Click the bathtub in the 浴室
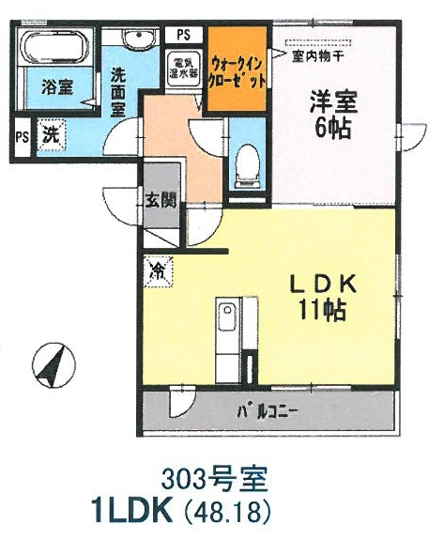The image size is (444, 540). point(54,47)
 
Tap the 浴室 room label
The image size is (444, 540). point(56,87)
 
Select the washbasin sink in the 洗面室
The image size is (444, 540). point(138,39)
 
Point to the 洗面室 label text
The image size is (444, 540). point(118,93)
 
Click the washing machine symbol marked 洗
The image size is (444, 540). point(51,134)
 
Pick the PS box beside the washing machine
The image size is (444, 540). point(22,137)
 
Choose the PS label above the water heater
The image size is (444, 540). point(184,35)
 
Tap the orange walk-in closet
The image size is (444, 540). point(237,69)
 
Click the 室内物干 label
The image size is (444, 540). point(317,55)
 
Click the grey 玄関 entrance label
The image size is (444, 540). point(161,200)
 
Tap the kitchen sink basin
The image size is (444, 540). point(227,317)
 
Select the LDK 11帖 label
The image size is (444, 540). point(322,297)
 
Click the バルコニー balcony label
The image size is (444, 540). point(268,411)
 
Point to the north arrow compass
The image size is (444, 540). point(54,364)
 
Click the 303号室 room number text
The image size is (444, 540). point(214,480)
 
